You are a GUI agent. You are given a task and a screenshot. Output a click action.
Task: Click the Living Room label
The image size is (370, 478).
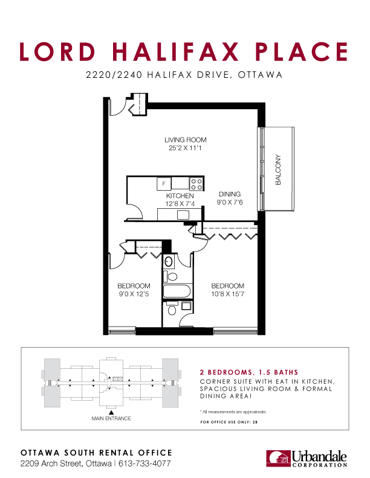(186, 140)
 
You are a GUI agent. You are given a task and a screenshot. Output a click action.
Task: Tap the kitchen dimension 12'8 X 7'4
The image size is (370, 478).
(180, 203)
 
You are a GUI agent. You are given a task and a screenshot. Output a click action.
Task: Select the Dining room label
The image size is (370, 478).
(230, 194)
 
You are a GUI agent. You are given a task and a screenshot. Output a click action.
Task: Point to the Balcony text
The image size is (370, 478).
(278, 170)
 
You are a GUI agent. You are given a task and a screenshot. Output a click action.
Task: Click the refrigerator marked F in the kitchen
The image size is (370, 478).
(164, 184)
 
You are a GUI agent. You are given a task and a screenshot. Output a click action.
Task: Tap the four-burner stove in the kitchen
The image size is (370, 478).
(196, 184)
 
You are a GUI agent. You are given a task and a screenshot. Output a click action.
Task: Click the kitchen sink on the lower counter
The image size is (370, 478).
(183, 215)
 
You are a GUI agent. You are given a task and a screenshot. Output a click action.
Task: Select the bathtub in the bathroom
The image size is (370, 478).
(177, 291)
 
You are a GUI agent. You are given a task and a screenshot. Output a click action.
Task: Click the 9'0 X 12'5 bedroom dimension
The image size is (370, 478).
(134, 294)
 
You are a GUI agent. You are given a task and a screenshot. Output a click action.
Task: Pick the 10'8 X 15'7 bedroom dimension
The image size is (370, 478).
(228, 294)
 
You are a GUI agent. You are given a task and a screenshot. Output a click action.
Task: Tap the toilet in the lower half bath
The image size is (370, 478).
(172, 308)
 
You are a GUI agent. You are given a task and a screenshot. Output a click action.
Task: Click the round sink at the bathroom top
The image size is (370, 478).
(168, 261)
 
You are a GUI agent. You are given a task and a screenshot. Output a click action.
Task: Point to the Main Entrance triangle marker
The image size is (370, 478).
(111, 412)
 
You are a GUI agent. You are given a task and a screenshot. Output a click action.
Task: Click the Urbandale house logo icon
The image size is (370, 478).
(278, 459)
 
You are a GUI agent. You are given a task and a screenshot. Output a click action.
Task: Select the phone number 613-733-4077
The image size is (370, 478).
(144, 464)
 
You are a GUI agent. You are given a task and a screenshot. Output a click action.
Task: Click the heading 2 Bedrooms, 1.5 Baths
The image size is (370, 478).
(249, 372)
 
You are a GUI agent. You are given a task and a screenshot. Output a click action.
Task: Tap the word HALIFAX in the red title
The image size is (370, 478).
(175, 51)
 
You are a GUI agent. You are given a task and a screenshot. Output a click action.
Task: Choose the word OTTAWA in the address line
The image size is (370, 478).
(260, 75)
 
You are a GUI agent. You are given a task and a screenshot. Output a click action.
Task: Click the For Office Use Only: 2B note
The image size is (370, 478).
(229, 422)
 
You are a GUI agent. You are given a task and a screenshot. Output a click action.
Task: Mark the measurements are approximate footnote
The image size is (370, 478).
(233, 412)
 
